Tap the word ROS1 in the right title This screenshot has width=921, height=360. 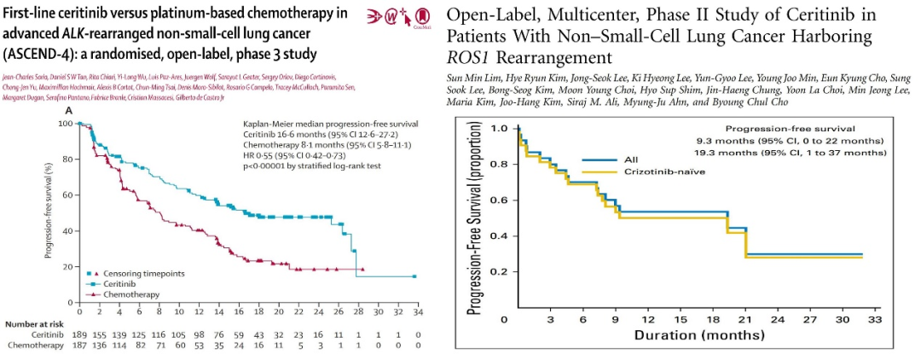coord(468,57)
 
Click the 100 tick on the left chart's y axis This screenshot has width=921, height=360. coord(66,124)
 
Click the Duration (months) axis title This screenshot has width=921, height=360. coord(698,335)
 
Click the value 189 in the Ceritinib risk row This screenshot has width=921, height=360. coord(79,336)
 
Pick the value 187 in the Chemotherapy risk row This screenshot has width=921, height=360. coord(79,345)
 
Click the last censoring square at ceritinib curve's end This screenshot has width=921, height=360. coord(414,276)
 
